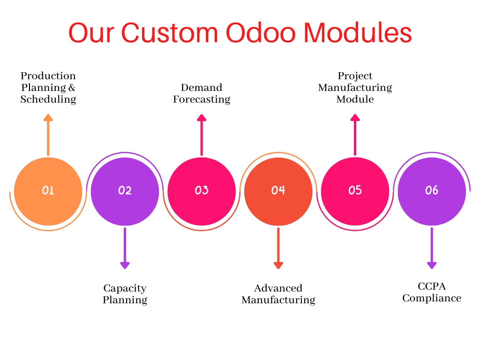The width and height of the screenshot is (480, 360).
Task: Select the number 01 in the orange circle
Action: [x=48, y=190]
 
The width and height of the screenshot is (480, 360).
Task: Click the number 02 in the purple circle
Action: [x=125, y=190]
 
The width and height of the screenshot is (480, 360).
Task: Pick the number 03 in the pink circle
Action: [x=202, y=190]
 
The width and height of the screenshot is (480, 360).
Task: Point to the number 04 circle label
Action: [x=278, y=190]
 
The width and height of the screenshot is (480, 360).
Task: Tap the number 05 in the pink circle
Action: [x=355, y=190]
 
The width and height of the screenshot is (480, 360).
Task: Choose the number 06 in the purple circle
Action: [x=432, y=190]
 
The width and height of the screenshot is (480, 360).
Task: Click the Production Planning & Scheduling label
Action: [x=48, y=88]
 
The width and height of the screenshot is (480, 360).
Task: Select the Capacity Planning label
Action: [x=125, y=294]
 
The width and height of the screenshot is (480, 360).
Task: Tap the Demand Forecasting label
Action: [x=202, y=93]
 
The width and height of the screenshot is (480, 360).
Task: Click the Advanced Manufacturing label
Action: [x=278, y=294]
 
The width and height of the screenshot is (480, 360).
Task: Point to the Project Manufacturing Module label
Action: [x=355, y=88]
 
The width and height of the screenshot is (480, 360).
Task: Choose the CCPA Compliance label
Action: [x=432, y=292]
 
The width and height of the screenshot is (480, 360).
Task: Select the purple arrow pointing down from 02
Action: [x=125, y=248]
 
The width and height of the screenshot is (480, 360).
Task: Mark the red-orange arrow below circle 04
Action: [x=278, y=248]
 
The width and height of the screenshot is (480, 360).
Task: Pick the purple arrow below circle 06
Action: [x=432, y=248]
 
